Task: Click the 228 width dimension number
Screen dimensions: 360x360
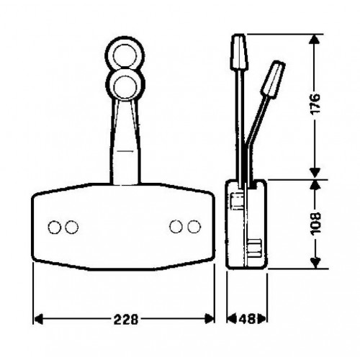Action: click(x=126, y=319)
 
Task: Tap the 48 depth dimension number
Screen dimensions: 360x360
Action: click(x=247, y=319)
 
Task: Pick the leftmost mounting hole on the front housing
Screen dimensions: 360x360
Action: click(x=55, y=227)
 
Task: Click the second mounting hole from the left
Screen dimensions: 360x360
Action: click(x=71, y=227)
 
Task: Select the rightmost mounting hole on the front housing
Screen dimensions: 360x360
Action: click(x=194, y=227)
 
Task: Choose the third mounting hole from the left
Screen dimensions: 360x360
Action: click(x=176, y=227)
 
